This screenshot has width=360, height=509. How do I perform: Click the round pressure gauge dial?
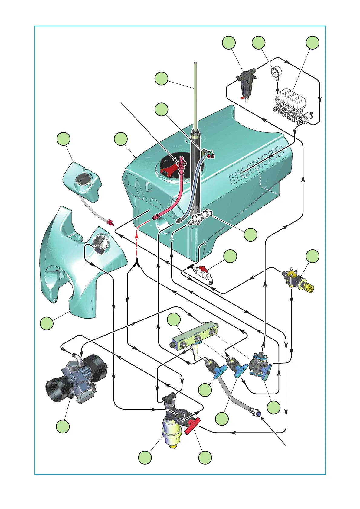276,72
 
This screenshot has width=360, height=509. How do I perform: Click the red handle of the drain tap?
200,268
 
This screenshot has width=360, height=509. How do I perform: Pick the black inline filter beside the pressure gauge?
246,83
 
